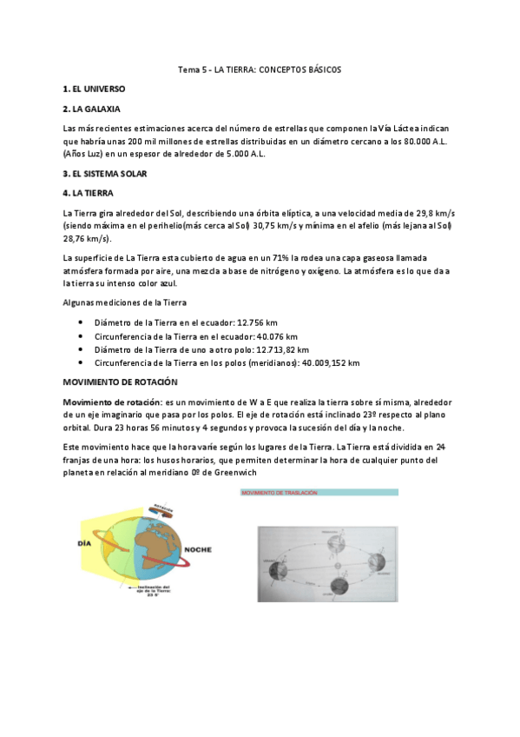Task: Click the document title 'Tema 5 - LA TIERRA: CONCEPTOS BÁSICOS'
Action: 260,70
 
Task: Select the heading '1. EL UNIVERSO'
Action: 95,90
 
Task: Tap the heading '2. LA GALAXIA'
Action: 92,110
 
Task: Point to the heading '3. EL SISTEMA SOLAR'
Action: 105,174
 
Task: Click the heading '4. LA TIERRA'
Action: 88,193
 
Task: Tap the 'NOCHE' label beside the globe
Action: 199,548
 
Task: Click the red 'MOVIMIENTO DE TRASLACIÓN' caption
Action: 280,493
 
